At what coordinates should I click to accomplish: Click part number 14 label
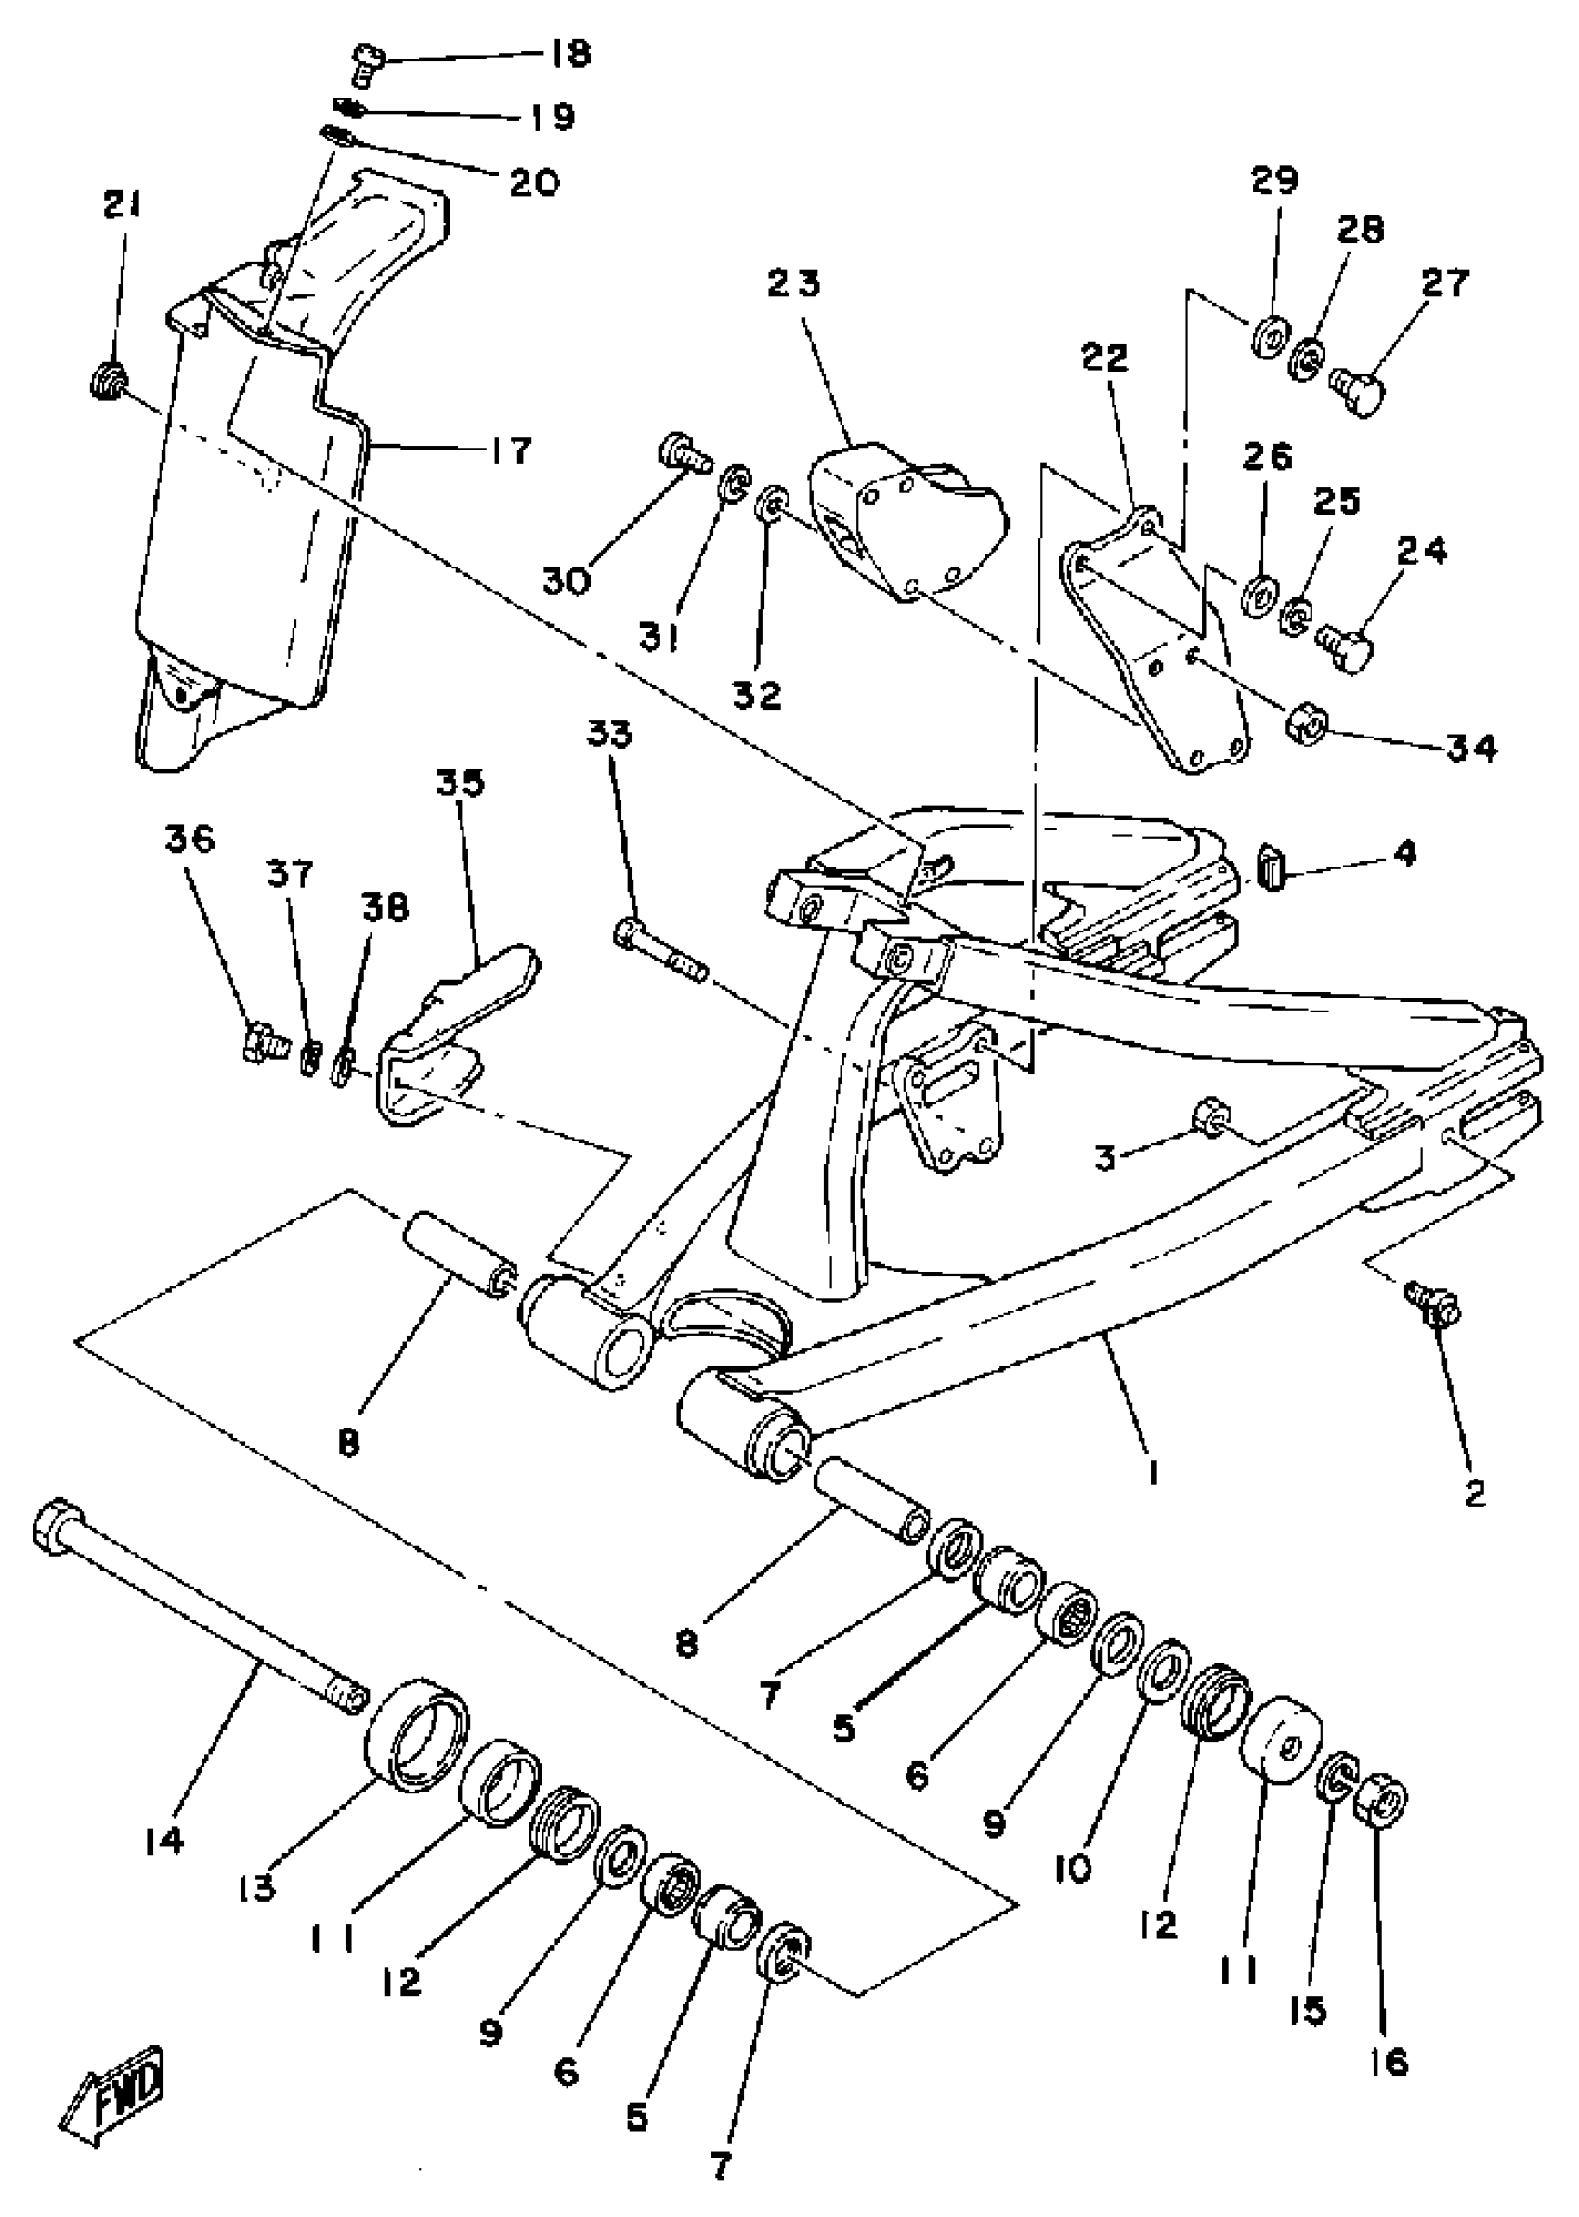coord(163,1841)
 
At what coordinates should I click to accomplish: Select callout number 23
coord(793,284)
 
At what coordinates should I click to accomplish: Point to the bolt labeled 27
coord(1357,391)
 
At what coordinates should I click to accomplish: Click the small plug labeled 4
coord(1268,862)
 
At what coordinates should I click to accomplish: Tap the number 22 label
coord(1104,358)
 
